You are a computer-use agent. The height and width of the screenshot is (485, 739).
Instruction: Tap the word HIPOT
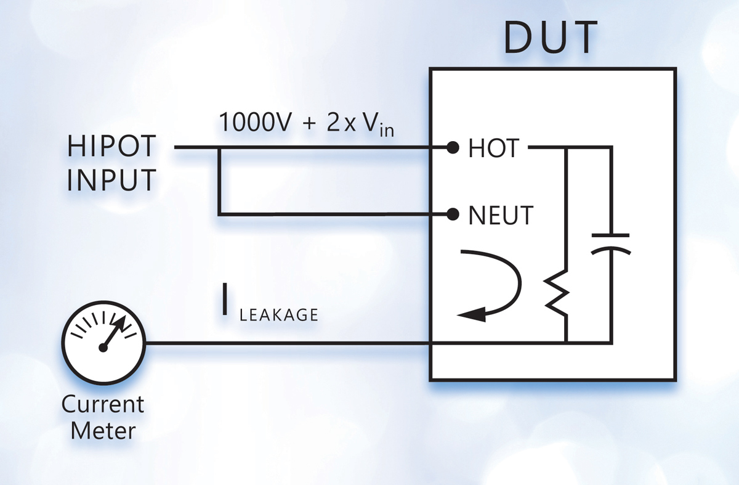pyautogui.click(x=112, y=149)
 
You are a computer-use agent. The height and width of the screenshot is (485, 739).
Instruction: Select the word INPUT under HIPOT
pyautogui.click(x=111, y=181)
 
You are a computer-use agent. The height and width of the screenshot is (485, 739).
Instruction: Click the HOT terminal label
pyautogui.click(x=494, y=149)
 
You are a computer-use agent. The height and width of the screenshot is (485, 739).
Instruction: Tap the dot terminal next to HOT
pyautogui.click(x=453, y=148)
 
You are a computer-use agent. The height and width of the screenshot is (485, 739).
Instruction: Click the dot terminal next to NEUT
pyautogui.click(x=453, y=214)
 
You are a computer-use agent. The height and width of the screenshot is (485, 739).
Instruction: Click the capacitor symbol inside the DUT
pyautogui.click(x=610, y=243)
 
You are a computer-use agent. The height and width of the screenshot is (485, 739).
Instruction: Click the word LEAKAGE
pyautogui.click(x=278, y=316)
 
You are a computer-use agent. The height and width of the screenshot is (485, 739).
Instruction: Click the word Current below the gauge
pyautogui.click(x=103, y=405)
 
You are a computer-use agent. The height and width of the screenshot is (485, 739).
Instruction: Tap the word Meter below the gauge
pyautogui.click(x=103, y=431)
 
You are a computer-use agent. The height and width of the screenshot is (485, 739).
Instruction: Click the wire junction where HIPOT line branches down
pyautogui.click(x=219, y=148)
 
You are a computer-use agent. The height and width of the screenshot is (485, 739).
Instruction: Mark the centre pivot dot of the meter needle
pyautogui.click(x=103, y=348)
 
